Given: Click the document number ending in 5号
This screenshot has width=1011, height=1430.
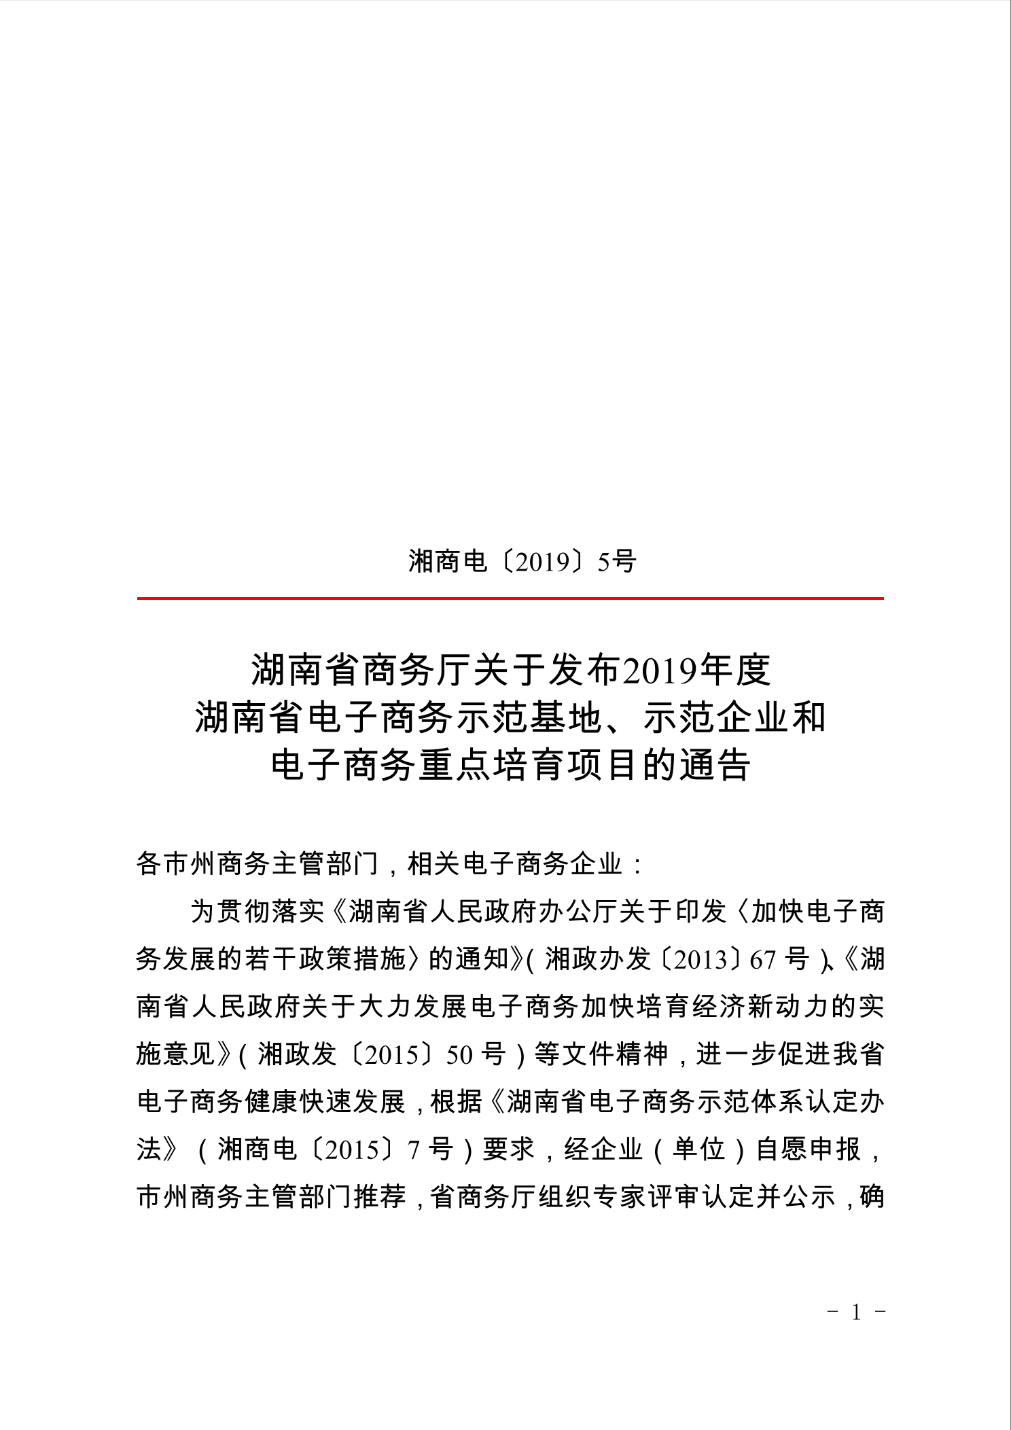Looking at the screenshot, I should (522, 562).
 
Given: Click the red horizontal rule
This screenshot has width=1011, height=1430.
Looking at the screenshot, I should (510, 598).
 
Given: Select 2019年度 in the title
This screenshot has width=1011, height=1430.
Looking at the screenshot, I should (696, 671).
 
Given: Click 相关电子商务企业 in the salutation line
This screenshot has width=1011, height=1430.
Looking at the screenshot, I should (514, 864).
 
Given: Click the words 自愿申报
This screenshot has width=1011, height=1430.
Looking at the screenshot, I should (809, 1149).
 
